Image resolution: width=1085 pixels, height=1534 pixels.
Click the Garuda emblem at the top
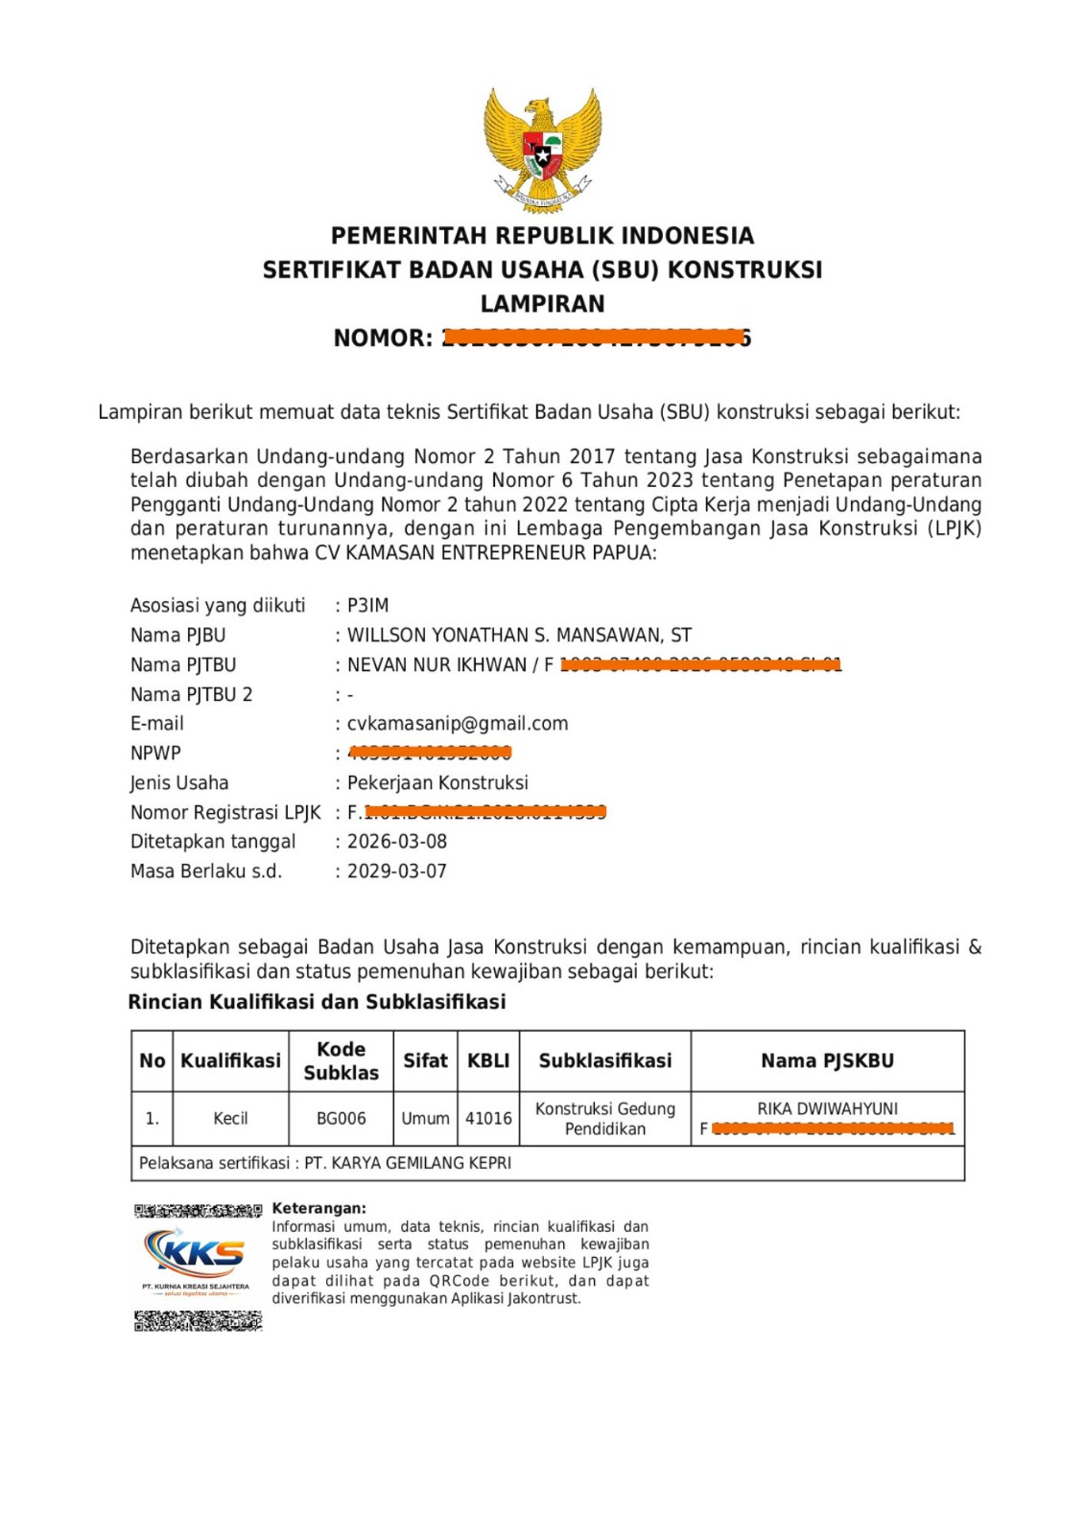click(542, 149)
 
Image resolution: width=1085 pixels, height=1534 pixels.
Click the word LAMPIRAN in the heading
click(542, 304)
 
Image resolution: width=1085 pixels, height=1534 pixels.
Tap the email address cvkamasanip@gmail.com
click(457, 724)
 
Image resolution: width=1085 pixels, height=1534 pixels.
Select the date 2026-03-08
click(396, 842)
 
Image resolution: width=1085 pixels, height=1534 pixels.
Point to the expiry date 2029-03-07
click(396, 872)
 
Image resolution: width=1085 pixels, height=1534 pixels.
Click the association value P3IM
click(367, 606)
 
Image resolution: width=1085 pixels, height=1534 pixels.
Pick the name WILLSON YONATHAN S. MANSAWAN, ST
click(519, 636)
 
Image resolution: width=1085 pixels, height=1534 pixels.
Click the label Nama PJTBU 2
click(191, 695)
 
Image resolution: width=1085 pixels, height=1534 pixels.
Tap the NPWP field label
click(155, 754)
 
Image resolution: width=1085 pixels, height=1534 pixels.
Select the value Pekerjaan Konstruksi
click(437, 783)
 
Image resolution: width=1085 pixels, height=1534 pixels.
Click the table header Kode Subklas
click(341, 1061)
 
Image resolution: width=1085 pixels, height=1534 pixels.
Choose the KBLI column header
click(488, 1061)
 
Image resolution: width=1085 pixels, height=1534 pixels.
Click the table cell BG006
click(341, 1119)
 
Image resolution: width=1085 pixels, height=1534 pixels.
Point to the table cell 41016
click(488, 1119)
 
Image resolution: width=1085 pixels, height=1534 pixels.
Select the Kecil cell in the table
click(230, 1119)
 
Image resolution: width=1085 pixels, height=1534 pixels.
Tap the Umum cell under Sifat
click(425, 1119)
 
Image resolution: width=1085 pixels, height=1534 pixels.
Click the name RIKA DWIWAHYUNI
click(827, 1109)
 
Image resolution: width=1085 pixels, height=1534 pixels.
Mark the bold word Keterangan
click(318, 1209)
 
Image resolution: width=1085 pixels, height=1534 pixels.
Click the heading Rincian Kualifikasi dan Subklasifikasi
click(317, 1003)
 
